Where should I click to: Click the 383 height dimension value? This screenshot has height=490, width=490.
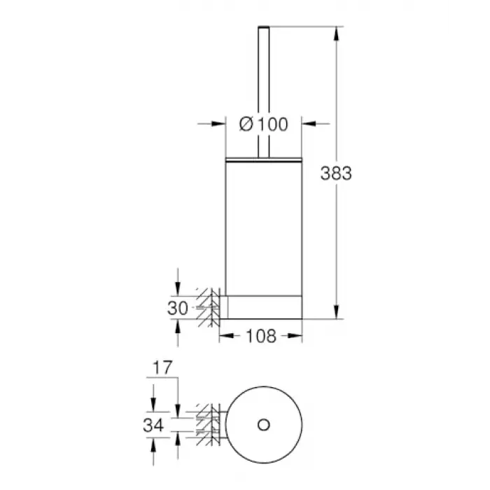coord(336,173)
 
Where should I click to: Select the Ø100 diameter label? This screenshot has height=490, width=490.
coord(263,124)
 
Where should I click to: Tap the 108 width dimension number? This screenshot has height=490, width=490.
coord(261,336)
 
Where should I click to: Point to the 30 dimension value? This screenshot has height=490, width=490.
coord(178,308)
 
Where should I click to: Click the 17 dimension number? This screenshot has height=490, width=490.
coord(162,367)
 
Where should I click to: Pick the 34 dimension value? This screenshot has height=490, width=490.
coord(153,425)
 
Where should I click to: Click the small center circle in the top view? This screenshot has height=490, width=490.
coord(263,425)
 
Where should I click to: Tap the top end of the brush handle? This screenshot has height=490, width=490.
coord(263,27)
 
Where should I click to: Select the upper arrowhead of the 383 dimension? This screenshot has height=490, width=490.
coord(336,34)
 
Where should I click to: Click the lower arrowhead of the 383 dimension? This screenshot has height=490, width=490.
coord(336,312)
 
